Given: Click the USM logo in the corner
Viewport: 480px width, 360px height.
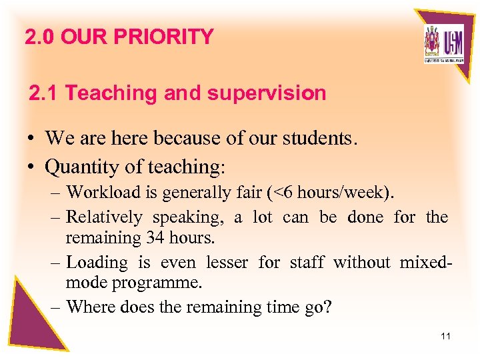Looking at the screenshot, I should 443,44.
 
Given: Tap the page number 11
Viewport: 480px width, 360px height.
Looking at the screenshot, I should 445,336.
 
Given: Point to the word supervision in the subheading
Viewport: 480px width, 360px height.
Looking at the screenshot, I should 267,93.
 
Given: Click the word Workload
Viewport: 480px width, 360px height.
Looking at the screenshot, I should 104,193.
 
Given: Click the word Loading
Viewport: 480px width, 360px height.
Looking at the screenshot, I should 97,262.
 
